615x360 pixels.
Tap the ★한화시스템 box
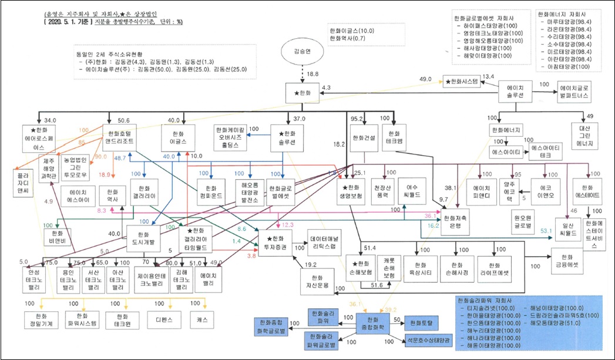click(x=462, y=82)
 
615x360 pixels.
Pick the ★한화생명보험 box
click(x=352, y=191)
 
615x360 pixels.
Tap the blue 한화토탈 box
click(x=420, y=322)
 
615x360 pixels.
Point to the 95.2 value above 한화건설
click(x=355, y=118)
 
